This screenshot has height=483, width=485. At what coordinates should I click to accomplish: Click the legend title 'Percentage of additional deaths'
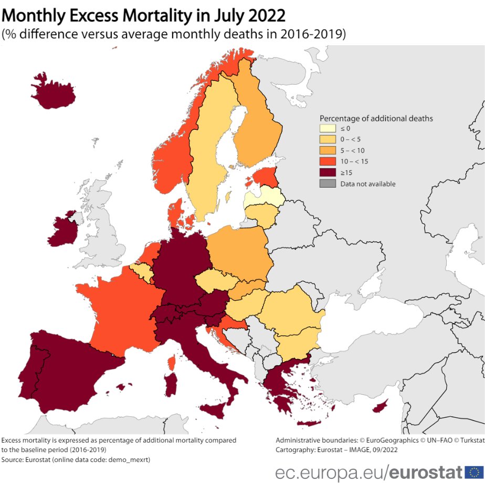[376, 118]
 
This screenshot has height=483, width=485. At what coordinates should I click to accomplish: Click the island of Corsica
[172, 362]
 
